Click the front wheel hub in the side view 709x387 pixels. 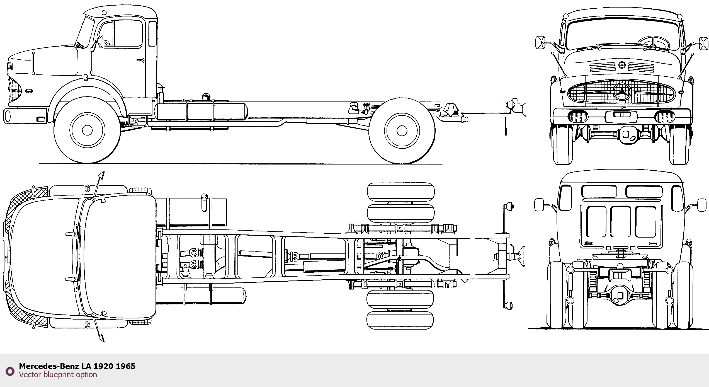(87, 130)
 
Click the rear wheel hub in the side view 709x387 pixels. (402, 130)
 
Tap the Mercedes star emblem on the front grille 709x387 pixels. (622, 91)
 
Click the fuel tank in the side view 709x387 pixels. (201, 111)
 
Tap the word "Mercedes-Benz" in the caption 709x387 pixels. (49, 366)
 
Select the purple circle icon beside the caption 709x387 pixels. (10, 371)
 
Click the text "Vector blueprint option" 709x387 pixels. (58, 374)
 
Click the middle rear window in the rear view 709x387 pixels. (620, 222)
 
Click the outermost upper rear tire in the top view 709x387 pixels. (401, 192)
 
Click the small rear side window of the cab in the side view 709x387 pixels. (152, 33)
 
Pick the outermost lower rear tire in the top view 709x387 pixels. (400, 320)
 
